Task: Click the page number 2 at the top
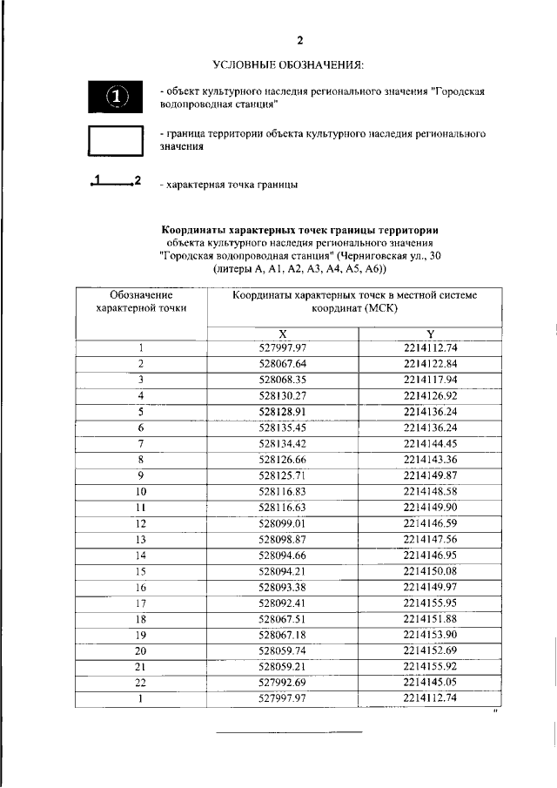coord(300,41)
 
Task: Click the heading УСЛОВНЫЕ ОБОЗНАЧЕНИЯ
coord(288,65)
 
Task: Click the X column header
coord(283,334)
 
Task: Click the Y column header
coord(430,334)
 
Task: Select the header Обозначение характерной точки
coord(141,302)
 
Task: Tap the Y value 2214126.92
coord(430,396)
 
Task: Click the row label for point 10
coord(141,492)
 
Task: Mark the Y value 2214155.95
coord(430,603)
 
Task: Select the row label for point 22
coord(141,682)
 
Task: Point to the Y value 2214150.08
coord(430,571)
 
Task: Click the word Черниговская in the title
coord(379,257)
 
